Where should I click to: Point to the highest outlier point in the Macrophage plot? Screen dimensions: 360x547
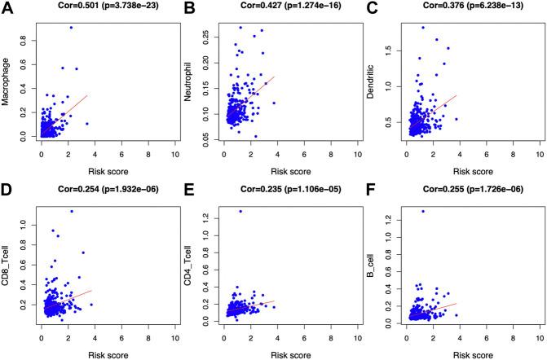[x=71, y=28]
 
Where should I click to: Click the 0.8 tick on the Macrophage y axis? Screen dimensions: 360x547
[x=24, y=39]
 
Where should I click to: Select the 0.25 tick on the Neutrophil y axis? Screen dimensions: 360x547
[x=208, y=35]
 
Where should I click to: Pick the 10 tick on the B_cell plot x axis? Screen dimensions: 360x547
[x=539, y=338]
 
